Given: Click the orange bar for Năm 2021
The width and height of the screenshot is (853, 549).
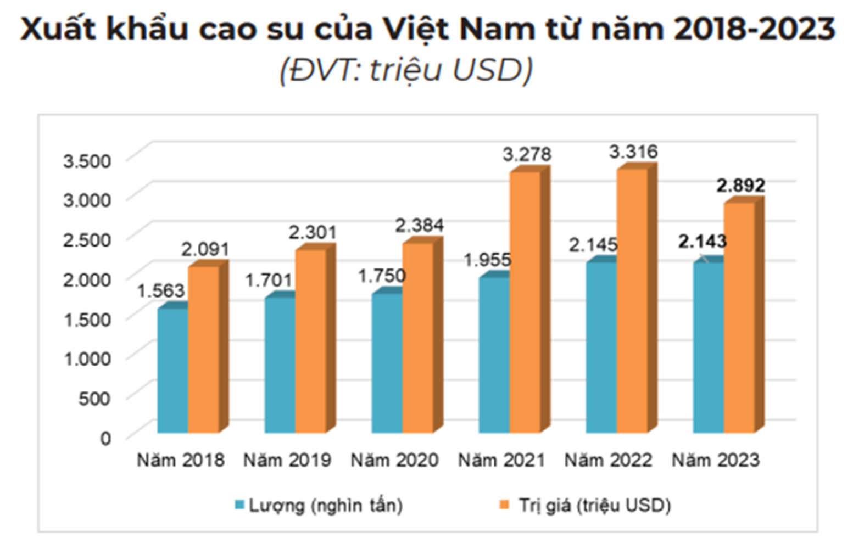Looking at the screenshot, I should pyautogui.click(x=525, y=302).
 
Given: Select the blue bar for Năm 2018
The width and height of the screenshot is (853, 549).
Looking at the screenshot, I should pyautogui.click(x=172, y=371).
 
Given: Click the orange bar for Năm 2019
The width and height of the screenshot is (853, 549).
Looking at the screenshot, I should pyautogui.click(x=310, y=340).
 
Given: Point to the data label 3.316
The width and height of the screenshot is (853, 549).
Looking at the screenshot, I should pyautogui.click(x=633, y=152).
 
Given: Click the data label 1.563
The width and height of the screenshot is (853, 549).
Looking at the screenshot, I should pyautogui.click(x=160, y=290).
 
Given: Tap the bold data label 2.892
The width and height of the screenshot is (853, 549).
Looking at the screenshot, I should pyautogui.click(x=740, y=186).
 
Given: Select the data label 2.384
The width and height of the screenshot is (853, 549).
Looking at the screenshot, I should pyautogui.click(x=419, y=225).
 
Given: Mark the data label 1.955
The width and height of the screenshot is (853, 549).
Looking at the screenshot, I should pyautogui.click(x=487, y=260).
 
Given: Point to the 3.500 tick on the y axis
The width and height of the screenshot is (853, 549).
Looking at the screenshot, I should pyautogui.click(x=87, y=161).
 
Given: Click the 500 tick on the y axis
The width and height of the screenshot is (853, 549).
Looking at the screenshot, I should pyautogui.click(x=94, y=398).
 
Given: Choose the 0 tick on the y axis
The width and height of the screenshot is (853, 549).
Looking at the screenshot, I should pyautogui.click(x=105, y=438).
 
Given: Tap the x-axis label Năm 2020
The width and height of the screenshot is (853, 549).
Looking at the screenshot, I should pyautogui.click(x=394, y=460).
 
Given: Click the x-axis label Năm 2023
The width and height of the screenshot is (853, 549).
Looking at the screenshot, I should pyautogui.click(x=715, y=460).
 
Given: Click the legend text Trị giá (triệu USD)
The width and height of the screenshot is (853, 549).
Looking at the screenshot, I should pyautogui.click(x=594, y=505).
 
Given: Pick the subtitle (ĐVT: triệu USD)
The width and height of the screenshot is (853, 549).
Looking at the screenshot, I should pyautogui.click(x=406, y=70).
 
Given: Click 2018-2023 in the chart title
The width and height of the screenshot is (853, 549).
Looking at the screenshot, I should pyautogui.click(x=754, y=29).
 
